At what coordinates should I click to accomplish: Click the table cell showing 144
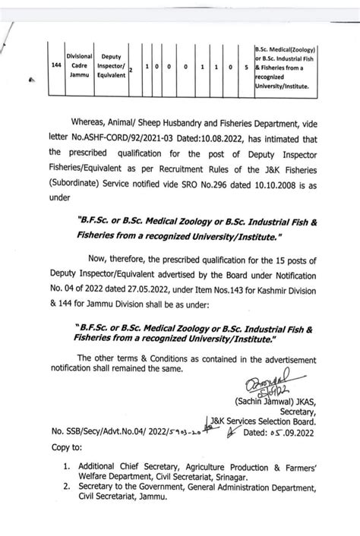click(x=56, y=66)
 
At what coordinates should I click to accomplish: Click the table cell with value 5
click(x=247, y=67)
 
